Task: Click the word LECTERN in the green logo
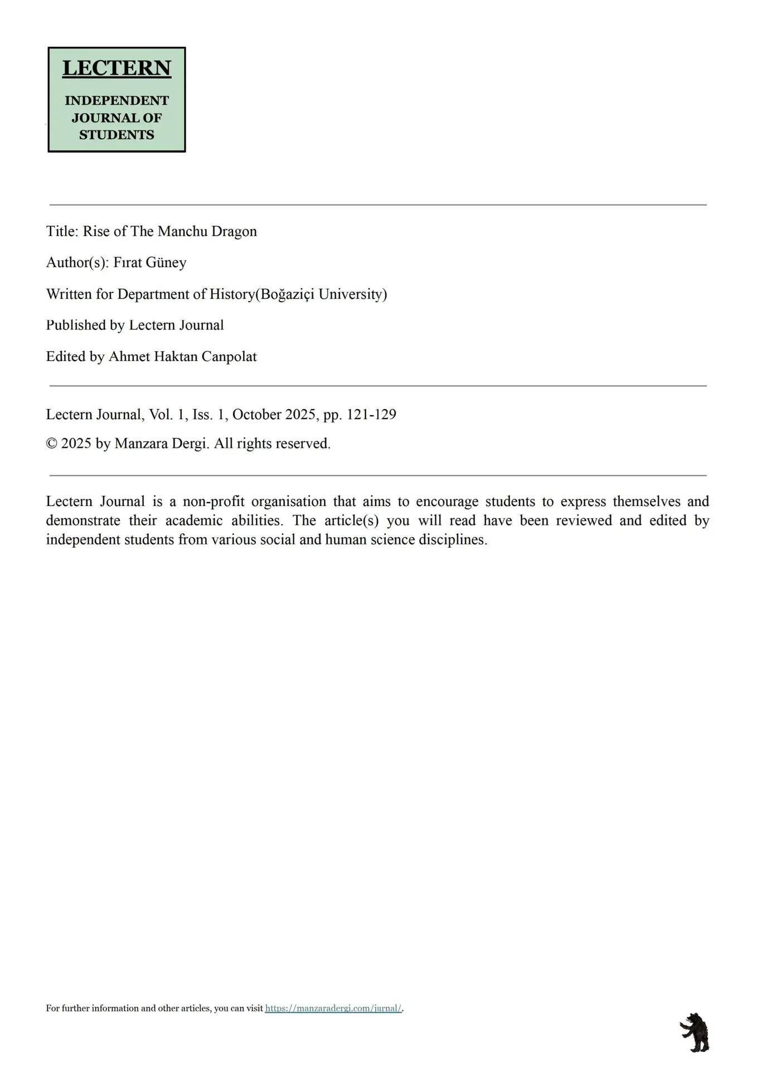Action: tap(117, 68)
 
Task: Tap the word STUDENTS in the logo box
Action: tap(117, 135)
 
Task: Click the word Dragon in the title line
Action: tap(234, 231)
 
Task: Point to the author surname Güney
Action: tap(166, 262)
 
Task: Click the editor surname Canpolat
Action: tap(229, 357)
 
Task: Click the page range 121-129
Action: tap(371, 415)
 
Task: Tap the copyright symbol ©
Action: tap(51, 444)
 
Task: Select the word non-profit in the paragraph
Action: tap(213, 502)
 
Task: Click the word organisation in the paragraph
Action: tap(289, 502)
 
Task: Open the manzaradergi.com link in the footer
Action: tap(333, 1008)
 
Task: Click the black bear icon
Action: tap(695, 1033)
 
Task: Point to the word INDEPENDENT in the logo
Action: tap(117, 101)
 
